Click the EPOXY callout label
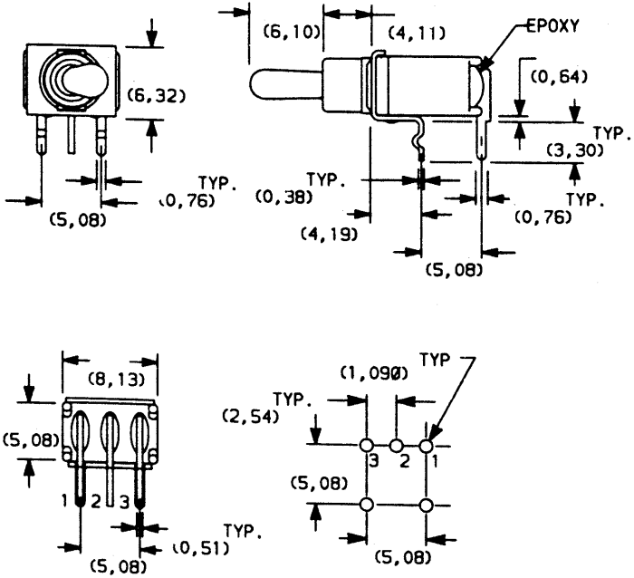coord(552,26)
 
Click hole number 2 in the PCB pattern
coord(396,446)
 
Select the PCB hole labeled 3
coord(366,446)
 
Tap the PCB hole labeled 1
coord(427,446)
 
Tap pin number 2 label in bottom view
coord(95,502)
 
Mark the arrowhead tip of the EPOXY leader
coord(479,67)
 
